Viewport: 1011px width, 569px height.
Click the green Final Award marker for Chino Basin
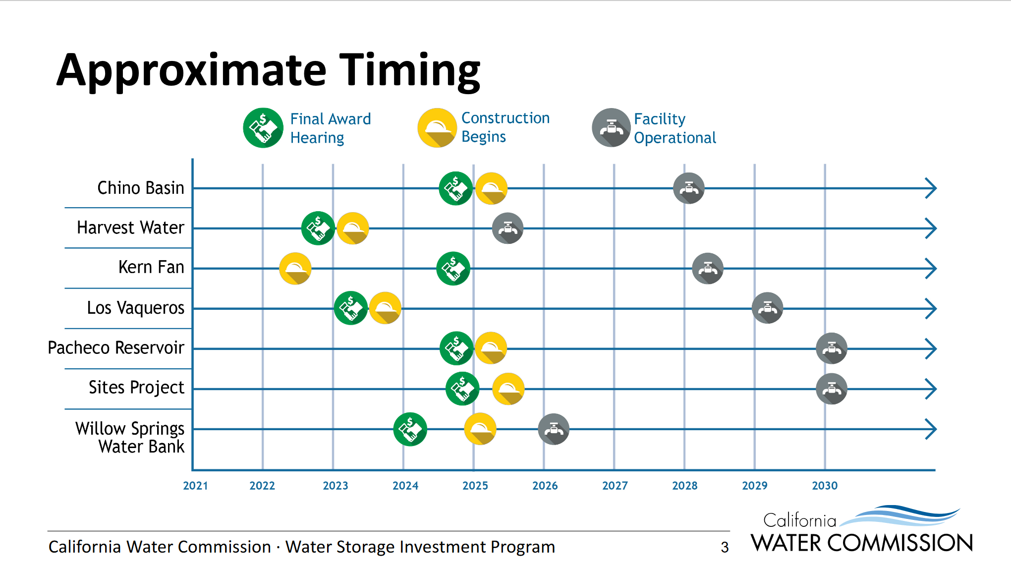pos(455,188)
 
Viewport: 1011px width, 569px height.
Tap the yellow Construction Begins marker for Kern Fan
pos(295,269)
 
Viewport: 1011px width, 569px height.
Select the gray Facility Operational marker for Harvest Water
pos(507,228)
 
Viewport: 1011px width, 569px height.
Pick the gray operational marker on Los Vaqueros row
pos(767,308)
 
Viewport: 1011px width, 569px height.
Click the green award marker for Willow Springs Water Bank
pos(410,429)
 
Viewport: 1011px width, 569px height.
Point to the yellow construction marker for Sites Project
pos(508,389)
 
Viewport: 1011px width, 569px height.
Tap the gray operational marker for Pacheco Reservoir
pos(832,348)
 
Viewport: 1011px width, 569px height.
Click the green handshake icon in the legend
pos(263,128)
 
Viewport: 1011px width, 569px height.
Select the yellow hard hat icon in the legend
pos(437,128)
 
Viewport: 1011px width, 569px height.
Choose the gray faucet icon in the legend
pos(612,128)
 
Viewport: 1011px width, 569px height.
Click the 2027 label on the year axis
pos(615,486)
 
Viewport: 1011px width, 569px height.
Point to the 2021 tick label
pos(195,486)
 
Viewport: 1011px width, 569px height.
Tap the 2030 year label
pos(825,486)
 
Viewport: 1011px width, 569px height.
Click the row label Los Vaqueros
pos(136,308)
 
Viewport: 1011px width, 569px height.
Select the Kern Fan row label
pos(151,267)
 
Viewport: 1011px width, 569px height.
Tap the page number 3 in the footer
pos(725,547)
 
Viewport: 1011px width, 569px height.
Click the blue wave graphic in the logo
pos(900,515)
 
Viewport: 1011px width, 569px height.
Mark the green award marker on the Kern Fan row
pos(453,269)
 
